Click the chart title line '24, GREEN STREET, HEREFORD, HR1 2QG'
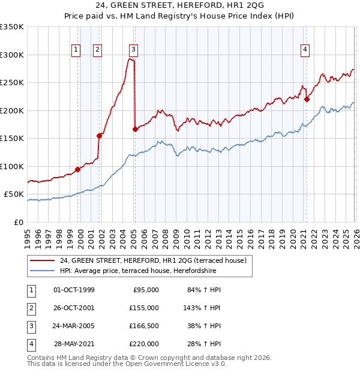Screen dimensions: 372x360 coord(179,7)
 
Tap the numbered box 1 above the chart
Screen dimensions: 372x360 coord(77,50)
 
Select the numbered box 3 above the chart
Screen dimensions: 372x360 coord(133,50)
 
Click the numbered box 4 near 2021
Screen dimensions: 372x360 coord(305,50)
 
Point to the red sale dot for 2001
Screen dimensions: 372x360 coord(99,136)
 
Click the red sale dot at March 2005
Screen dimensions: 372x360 coord(135,129)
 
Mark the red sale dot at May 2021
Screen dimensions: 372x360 coord(307,100)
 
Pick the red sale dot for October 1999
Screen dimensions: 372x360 coord(77,169)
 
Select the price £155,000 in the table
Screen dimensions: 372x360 coord(145,308)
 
